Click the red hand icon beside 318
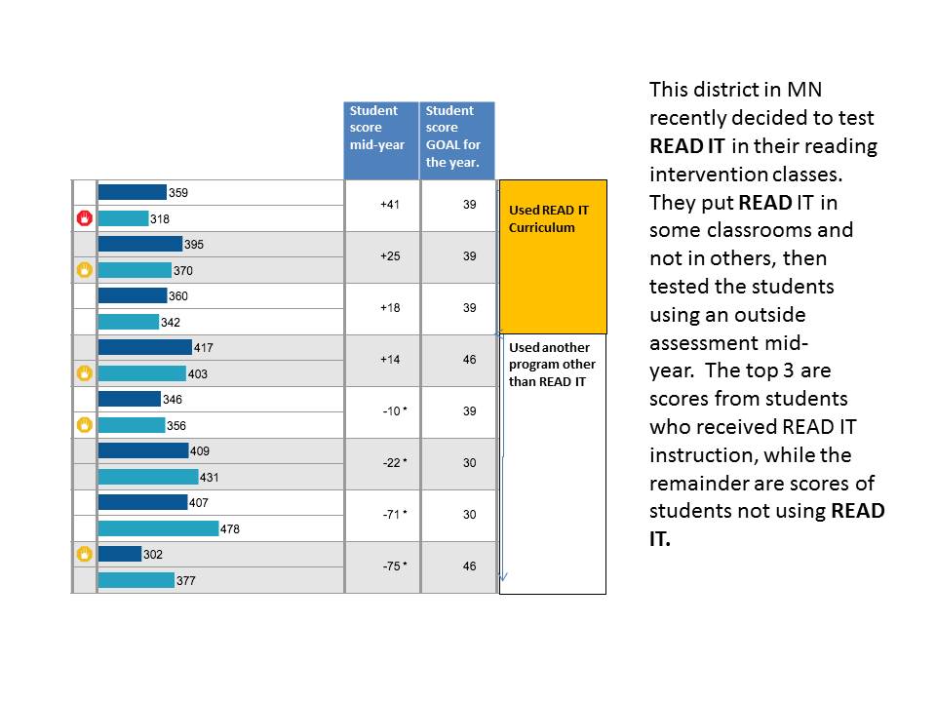[x=84, y=218]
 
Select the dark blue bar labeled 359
[x=132, y=192]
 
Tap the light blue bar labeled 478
[x=158, y=528]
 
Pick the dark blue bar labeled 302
[x=119, y=554]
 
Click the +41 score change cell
[x=383, y=206]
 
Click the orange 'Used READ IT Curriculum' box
[x=553, y=256]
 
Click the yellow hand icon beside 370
[x=84, y=270]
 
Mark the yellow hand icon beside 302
[x=84, y=554]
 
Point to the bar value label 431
[x=212, y=478]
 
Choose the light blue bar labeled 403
[x=141, y=373]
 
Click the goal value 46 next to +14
[x=469, y=360]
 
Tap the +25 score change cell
[x=383, y=257]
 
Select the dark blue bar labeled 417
[x=144, y=347]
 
